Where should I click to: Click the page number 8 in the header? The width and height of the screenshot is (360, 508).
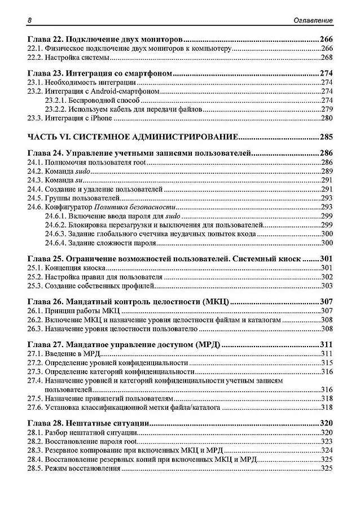pyautogui.click(x=29, y=20)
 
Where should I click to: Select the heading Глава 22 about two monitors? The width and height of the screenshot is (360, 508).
pyautogui.click(x=107, y=40)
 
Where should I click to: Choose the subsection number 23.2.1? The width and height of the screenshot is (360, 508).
pyautogui.click(x=56, y=100)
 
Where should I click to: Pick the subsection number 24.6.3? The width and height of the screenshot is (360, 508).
pyautogui.click(x=56, y=234)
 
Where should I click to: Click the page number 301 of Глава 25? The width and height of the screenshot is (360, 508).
pyautogui.click(x=326, y=259)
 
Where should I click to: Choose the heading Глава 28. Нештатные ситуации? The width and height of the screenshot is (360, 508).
pyautogui.click(x=88, y=423)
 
